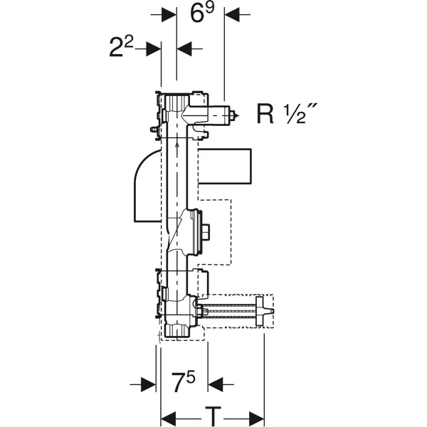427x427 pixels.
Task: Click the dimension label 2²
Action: [121, 47]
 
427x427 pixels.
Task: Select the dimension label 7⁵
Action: [184, 381]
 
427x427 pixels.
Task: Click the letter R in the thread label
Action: [265, 114]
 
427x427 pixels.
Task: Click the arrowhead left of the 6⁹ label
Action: [169, 14]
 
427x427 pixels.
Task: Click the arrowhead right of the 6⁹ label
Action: [232, 14]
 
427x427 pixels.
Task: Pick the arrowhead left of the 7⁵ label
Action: [149, 384]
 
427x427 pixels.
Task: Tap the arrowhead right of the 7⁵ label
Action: [216, 384]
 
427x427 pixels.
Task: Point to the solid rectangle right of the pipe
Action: [224, 166]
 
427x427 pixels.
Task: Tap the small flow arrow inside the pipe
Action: [177, 145]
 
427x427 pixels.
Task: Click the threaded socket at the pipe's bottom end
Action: [177, 330]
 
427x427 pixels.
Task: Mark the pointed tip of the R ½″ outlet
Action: [238, 116]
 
